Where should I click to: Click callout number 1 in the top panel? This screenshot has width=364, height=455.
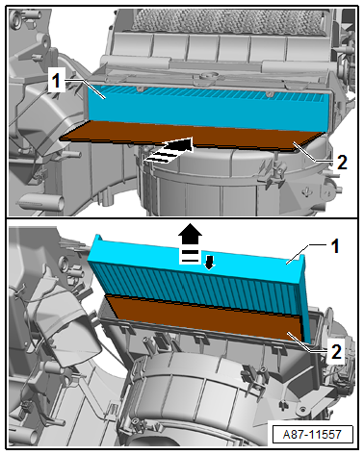coord(56,80)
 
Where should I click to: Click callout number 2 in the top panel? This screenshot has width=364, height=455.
coord(342,163)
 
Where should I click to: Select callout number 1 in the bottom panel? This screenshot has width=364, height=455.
coord(335,246)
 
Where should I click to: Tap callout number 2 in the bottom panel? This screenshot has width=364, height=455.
coord(336,352)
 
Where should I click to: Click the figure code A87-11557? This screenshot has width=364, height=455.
coord(312,434)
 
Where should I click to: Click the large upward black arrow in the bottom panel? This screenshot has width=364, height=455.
coord(191,236)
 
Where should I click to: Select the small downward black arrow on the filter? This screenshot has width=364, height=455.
coord(209,263)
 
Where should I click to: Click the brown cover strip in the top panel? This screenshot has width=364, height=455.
coord(192,136)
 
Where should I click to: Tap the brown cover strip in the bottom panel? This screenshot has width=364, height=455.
coord(205,318)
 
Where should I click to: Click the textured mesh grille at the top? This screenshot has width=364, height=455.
coord(227,19)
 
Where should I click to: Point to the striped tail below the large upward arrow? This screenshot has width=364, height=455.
coord(190,256)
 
